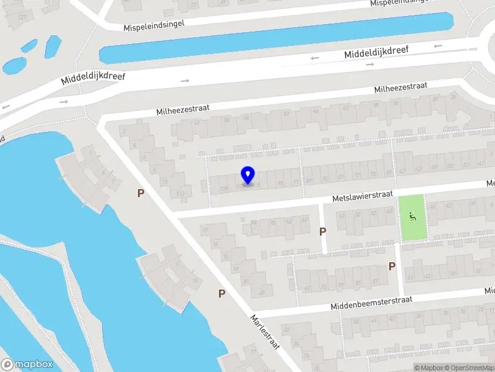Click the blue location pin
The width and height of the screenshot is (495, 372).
coord(247,175)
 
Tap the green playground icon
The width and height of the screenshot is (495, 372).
coord(412,216)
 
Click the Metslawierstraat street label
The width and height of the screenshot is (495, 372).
coord(362,196)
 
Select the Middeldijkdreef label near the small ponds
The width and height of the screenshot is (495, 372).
coord(93,76)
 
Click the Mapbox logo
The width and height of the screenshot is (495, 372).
coord(27,365)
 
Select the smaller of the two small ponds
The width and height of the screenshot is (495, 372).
coord(29,45)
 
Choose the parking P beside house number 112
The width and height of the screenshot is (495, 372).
coord(141,193)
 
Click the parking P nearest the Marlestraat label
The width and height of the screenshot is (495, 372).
coord(222,293)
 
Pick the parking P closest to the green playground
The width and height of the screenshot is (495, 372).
coord(392,266)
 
